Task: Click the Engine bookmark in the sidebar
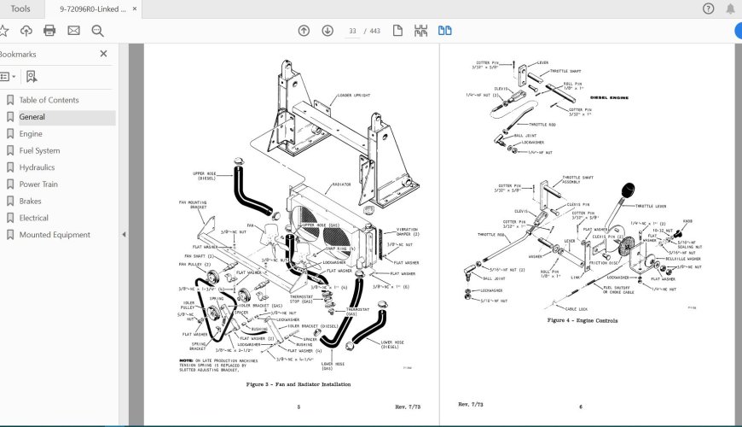31,134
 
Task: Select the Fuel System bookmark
39,151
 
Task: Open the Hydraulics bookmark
37,167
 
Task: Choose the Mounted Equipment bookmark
55,235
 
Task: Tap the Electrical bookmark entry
34,218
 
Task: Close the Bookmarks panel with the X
104,54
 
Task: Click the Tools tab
20,9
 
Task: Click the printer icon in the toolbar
49,31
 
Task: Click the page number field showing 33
351,31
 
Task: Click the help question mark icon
708,9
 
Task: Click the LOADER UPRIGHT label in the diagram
353,96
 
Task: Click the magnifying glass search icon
97,31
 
